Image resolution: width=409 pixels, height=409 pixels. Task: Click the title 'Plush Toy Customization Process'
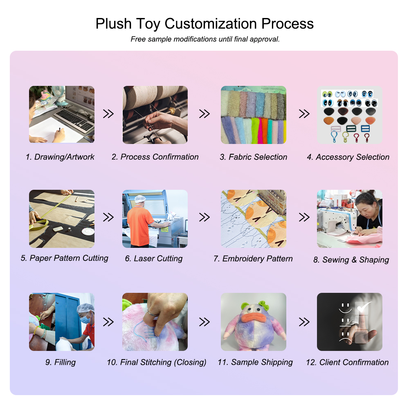click(x=204, y=24)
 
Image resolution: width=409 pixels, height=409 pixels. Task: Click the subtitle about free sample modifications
click(x=205, y=39)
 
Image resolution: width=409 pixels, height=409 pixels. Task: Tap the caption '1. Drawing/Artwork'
click(x=60, y=157)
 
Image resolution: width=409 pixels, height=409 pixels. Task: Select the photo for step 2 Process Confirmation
click(x=155, y=115)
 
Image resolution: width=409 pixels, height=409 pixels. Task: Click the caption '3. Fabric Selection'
click(x=253, y=157)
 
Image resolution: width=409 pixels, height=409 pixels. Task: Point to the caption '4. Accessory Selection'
click(x=348, y=157)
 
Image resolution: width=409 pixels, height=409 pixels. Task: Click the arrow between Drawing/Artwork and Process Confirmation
click(x=108, y=114)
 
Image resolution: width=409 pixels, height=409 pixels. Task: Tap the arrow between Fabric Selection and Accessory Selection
click(x=304, y=114)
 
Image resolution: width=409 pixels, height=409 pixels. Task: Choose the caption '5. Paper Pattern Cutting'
click(x=65, y=258)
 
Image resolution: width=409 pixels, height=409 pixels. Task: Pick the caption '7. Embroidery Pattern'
click(x=253, y=258)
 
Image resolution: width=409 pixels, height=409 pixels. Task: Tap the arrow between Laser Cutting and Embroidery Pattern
click(x=204, y=217)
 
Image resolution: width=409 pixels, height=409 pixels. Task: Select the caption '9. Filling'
click(x=61, y=362)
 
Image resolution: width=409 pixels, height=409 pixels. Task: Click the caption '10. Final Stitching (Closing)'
click(x=157, y=362)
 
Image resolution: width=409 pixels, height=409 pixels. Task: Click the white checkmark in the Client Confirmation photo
click(x=364, y=306)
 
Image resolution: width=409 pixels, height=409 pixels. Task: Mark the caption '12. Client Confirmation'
click(x=347, y=362)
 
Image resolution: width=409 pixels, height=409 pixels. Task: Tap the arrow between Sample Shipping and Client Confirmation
click(x=304, y=322)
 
